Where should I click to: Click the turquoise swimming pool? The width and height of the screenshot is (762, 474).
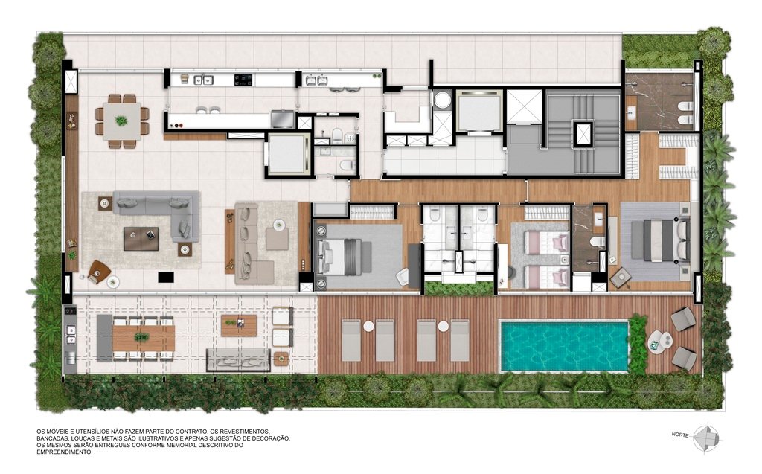pos(563,345)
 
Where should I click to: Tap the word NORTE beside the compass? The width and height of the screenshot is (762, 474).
pos(679,435)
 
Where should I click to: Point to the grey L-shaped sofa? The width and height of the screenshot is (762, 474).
pos(160,212)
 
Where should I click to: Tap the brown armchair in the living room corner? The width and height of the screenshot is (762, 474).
pos(97,272)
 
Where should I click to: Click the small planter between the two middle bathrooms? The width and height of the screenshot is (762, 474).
pos(458,288)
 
